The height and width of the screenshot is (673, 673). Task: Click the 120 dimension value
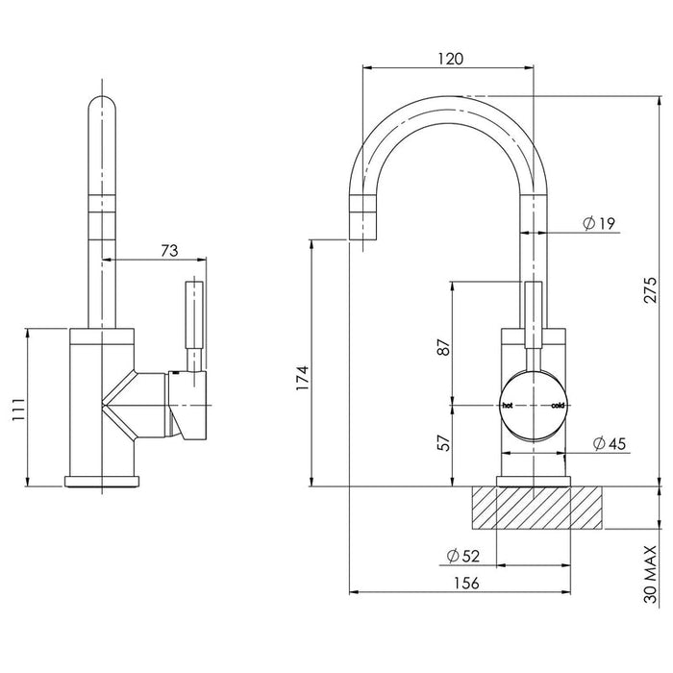click(449, 58)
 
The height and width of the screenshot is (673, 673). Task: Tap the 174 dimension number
click(300, 378)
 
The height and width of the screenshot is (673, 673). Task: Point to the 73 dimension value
click(169, 251)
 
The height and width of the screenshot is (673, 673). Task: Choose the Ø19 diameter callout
click(599, 224)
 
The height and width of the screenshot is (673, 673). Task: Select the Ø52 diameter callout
click(464, 555)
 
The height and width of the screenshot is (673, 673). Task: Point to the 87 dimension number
click(443, 347)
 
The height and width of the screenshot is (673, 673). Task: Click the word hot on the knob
click(509, 406)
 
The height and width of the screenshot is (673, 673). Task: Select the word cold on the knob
click(559, 406)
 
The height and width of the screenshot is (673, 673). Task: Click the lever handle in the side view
click(196, 323)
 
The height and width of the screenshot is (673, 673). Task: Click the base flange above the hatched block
click(534, 482)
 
